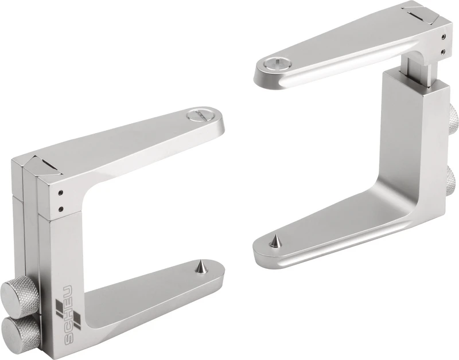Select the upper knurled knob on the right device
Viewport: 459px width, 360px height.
point(453,120)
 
